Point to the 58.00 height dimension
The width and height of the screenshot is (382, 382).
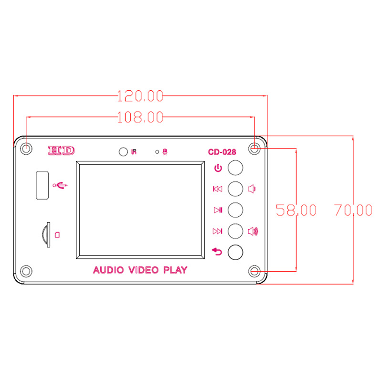click(x=296, y=210)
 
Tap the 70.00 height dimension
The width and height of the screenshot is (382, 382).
click(x=353, y=210)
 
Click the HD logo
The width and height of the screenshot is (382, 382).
click(x=62, y=151)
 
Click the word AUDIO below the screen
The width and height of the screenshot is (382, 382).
click(x=109, y=271)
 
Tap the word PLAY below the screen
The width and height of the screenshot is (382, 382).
click(x=175, y=271)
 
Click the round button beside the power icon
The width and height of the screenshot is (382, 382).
click(x=235, y=168)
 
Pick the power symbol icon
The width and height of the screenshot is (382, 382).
click(x=218, y=168)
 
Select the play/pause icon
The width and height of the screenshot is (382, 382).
click(x=218, y=210)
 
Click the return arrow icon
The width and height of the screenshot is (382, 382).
click(x=217, y=252)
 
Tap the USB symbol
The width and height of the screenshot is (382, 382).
click(x=61, y=185)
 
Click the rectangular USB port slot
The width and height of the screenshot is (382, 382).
click(x=42, y=184)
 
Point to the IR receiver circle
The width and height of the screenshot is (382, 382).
click(x=123, y=152)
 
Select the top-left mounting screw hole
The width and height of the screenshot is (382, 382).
click(x=26, y=149)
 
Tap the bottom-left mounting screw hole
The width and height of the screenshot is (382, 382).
click(x=26, y=271)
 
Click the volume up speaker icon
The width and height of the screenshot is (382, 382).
click(x=253, y=232)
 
